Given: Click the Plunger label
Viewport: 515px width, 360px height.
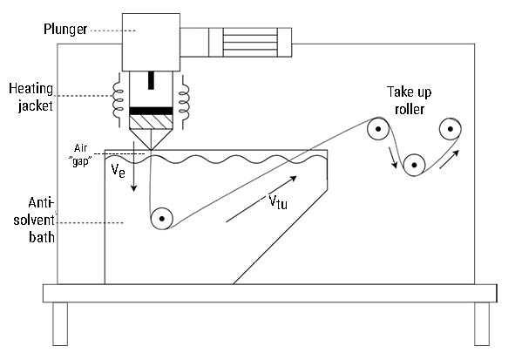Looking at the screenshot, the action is [65, 30].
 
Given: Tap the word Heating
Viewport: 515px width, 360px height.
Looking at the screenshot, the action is [30, 89].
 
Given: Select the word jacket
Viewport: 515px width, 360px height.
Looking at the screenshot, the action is [36, 106].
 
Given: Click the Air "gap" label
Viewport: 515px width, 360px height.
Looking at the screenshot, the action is [80, 154].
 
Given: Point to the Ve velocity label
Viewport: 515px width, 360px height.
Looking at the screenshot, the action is [118, 171].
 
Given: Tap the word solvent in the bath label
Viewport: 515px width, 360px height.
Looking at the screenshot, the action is [34, 220].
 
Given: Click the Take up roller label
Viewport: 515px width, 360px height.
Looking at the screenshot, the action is [410, 100].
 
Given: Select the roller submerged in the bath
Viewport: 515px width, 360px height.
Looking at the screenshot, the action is [161, 219].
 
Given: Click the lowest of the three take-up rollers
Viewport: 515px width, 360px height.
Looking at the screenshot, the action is [414, 165].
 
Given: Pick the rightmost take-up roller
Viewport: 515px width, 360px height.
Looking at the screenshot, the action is [451, 129].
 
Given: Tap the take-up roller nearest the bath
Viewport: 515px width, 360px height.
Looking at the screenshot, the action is [378, 129].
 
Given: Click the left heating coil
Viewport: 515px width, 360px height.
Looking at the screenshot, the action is [118, 100].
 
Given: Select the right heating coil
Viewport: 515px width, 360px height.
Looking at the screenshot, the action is [184, 100].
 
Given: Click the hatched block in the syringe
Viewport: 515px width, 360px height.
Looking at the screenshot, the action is [151, 122].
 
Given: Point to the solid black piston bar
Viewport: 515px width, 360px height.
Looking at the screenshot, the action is [151, 111].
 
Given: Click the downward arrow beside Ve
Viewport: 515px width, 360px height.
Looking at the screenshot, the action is [133, 166].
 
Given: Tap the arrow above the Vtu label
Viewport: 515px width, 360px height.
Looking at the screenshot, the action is [261, 199].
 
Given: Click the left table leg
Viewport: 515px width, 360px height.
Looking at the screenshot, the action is [60, 323].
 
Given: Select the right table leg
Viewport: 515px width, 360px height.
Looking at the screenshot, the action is [482, 323].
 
